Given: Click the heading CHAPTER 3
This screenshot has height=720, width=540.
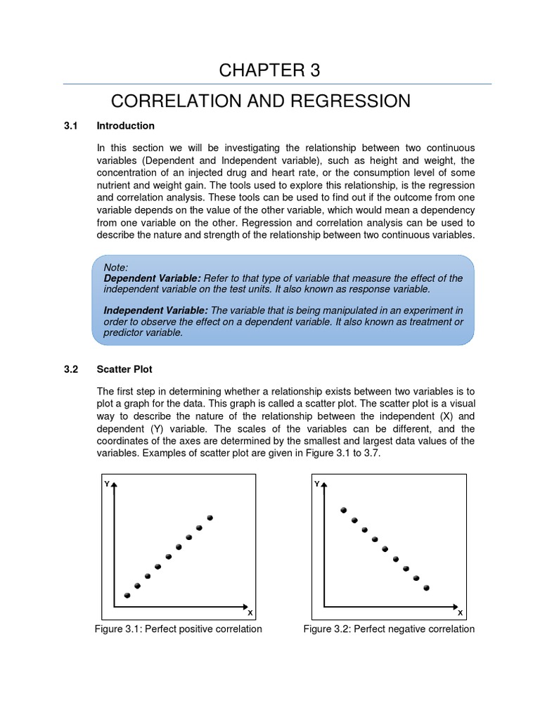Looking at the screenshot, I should (x=270, y=70).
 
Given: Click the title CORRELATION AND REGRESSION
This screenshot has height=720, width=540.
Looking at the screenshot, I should (x=261, y=101).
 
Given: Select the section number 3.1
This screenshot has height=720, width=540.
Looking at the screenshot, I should (x=70, y=126).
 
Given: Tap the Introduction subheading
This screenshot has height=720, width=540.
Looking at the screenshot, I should (x=125, y=126).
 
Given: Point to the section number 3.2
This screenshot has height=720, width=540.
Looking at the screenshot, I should (x=70, y=369).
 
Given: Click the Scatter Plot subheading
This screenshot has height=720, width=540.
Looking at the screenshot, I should (x=124, y=369).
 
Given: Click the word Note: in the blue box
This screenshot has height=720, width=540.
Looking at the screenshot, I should (x=116, y=268).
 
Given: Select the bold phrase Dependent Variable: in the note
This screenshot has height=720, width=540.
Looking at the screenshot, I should (x=153, y=278).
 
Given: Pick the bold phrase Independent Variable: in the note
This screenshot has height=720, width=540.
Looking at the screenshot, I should (x=156, y=310).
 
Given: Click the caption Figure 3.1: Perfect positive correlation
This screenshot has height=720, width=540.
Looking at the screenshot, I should (x=179, y=629).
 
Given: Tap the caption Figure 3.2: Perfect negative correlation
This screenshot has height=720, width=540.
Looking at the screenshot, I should (x=389, y=629).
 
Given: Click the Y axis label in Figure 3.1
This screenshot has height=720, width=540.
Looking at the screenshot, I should (x=106, y=484).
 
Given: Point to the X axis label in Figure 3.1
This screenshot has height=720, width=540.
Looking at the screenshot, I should (x=250, y=612).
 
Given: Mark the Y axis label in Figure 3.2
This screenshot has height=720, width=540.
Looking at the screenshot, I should (x=316, y=484).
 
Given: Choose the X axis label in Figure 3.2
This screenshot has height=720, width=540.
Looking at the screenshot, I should (x=460, y=612).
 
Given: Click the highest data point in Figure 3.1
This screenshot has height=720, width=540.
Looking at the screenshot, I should (x=210, y=518).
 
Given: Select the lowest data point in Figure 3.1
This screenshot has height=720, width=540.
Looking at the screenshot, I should (x=127, y=596).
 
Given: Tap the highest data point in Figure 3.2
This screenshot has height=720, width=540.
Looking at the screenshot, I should (x=343, y=510).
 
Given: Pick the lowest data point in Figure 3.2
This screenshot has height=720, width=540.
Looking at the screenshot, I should (x=426, y=587).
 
